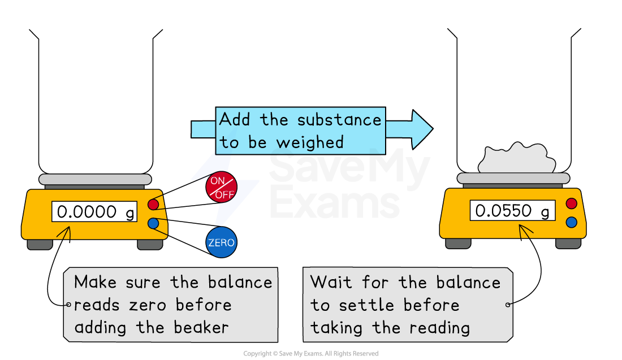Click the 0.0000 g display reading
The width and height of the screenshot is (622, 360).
[94, 212]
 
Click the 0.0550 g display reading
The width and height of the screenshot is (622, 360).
[512, 211]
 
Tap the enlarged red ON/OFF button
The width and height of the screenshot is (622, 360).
[221, 187]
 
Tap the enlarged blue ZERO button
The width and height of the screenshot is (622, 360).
[221, 243]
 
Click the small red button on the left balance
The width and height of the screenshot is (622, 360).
[153, 204]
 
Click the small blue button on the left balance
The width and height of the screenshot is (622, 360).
[153, 224]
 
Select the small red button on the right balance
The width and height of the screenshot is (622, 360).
[571, 203]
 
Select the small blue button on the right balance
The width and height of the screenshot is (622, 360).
[571, 222]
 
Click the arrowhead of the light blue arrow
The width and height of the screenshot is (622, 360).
[421, 129]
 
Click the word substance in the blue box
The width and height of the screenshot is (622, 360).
[339, 120]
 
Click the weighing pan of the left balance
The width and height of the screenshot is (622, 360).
[95, 179]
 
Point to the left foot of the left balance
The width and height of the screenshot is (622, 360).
[40, 244]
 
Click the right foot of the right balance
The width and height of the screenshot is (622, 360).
[568, 243]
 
